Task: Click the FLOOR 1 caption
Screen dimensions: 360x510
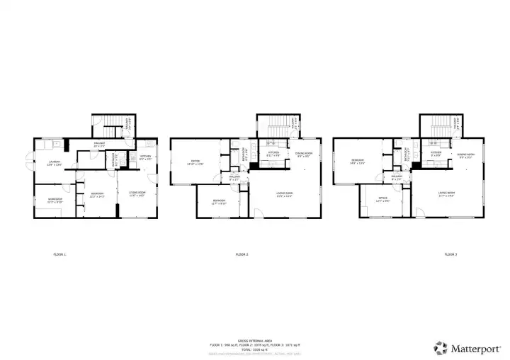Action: point(59,254)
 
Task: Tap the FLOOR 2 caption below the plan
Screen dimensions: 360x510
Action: point(242,254)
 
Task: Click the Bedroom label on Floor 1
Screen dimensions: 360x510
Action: point(97,195)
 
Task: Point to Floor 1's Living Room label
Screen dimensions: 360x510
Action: point(137,193)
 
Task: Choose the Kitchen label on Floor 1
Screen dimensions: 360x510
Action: point(145,157)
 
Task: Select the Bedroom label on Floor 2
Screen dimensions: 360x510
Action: point(219,201)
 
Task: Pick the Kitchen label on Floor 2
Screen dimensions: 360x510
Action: point(273,154)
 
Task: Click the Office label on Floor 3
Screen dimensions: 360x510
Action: point(382,199)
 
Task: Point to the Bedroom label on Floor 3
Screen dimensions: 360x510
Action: point(357,162)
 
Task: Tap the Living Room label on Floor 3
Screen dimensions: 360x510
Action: point(446,193)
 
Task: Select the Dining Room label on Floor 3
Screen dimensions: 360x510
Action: point(465,154)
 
